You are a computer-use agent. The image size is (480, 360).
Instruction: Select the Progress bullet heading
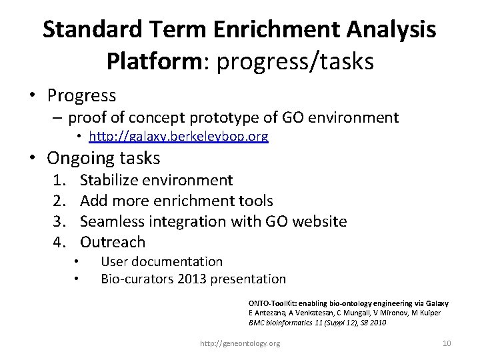[81, 95]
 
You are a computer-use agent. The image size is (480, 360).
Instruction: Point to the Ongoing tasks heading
[103, 159]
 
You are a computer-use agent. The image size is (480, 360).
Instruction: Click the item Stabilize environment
[156, 179]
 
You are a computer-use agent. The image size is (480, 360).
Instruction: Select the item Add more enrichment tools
[176, 200]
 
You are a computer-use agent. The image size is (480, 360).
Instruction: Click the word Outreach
[112, 241]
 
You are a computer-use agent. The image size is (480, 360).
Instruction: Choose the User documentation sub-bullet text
[161, 262]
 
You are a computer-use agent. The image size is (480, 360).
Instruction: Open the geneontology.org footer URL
[240, 343]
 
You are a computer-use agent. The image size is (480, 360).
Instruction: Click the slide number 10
[447, 343]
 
